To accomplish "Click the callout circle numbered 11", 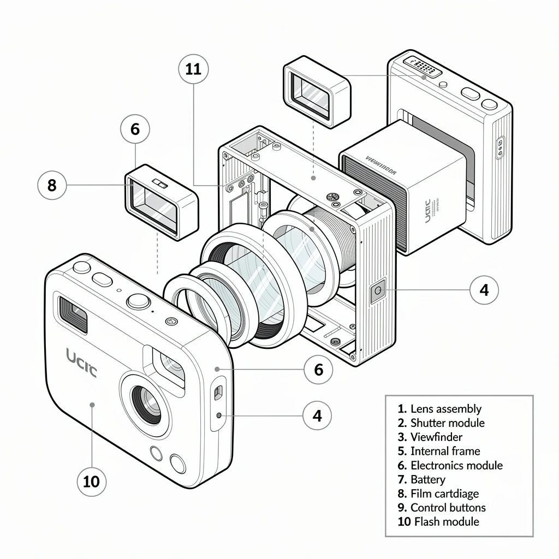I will [x=193, y=69].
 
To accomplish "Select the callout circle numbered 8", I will [x=52, y=186].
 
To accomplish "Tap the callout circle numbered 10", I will [x=92, y=481].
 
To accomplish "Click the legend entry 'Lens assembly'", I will [x=445, y=409].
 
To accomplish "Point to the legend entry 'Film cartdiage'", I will [x=444, y=493].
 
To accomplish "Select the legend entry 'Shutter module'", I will [x=447, y=423].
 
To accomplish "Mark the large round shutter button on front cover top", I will [x=138, y=301].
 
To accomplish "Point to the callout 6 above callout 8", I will [x=135, y=129].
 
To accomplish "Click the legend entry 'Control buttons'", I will [x=448, y=508].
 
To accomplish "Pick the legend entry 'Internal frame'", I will [x=445, y=451].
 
